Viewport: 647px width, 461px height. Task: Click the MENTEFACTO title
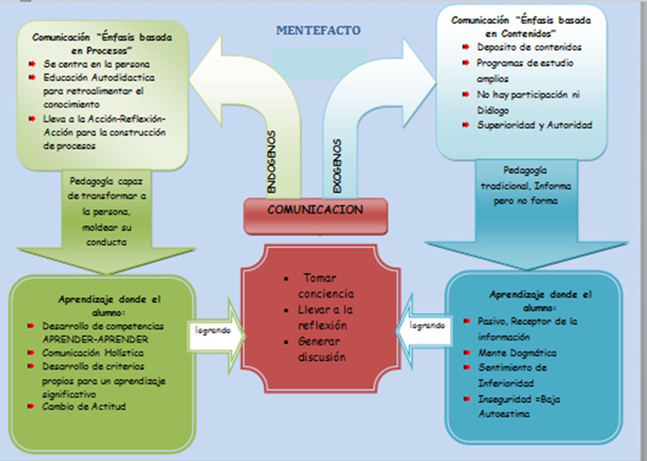point(318,30)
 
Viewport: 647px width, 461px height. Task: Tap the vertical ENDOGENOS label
point(272,162)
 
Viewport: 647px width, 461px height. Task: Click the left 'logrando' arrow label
point(212,330)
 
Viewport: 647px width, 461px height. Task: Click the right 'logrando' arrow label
point(427,325)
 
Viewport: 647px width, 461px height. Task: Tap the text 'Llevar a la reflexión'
point(325,317)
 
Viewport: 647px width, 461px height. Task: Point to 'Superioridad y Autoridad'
point(535,125)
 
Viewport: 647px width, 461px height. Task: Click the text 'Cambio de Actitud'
point(84,407)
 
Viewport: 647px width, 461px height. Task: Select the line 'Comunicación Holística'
point(93,353)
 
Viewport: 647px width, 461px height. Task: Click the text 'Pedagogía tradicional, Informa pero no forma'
point(525,186)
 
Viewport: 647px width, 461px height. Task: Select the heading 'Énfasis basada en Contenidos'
point(521,26)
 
